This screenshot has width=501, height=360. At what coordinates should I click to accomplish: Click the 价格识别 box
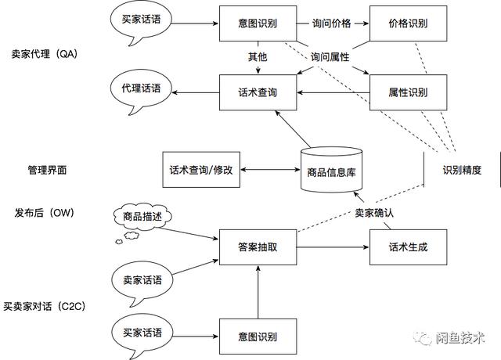click(408, 23)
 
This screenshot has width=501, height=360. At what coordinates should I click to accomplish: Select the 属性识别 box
click(408, 92)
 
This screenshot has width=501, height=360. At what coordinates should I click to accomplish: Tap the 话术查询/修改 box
click(200, 169)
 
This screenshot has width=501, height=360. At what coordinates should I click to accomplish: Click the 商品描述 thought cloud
click(142, 217)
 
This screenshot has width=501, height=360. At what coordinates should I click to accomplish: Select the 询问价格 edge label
click(332, 23)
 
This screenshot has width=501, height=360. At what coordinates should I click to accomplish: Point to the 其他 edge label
click(258, 57)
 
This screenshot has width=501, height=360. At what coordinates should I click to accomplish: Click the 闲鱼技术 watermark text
click(460, 338)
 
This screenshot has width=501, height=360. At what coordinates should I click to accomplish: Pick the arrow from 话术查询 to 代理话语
click(196, 92)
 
